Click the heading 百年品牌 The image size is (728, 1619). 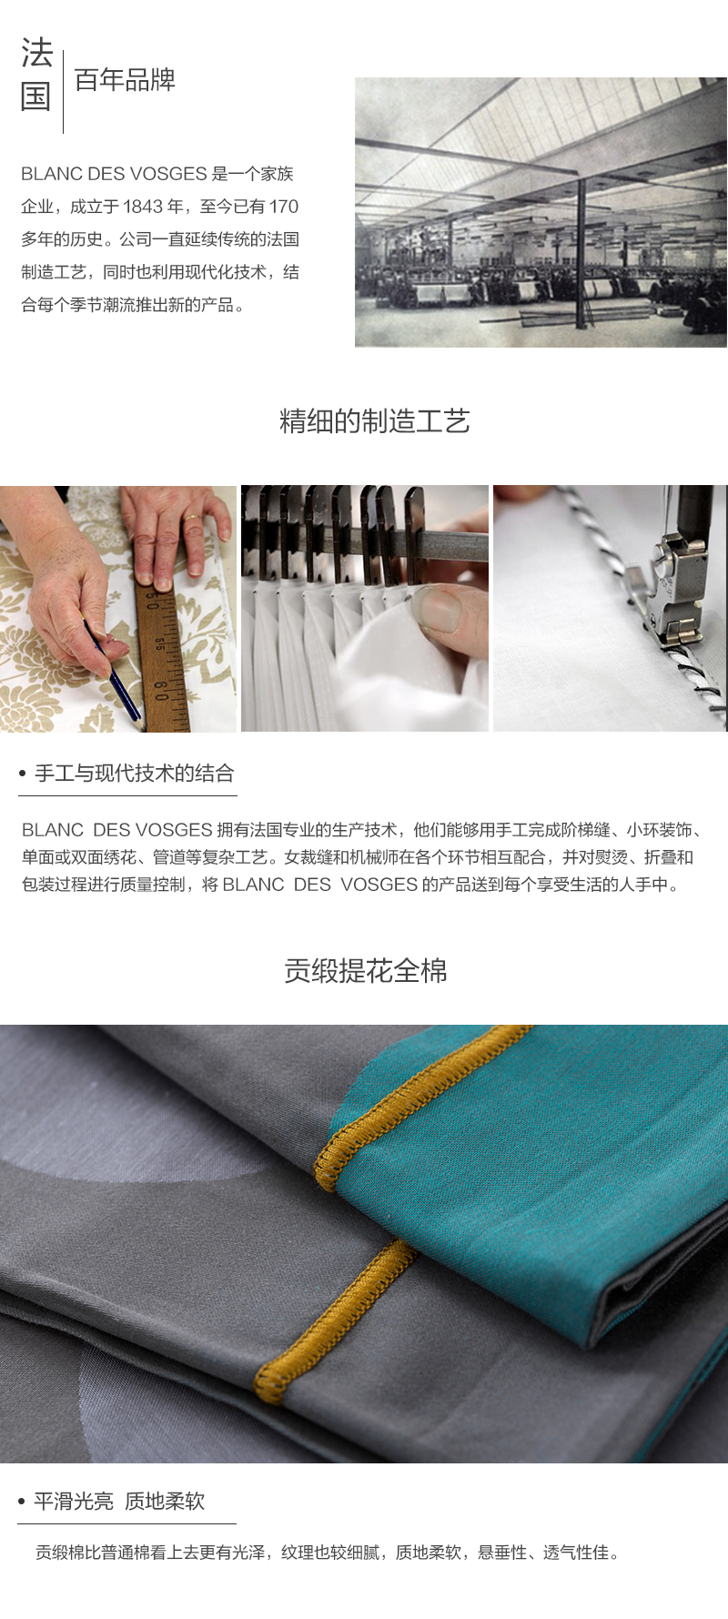click(125, 80)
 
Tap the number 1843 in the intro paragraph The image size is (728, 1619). click(142, 207)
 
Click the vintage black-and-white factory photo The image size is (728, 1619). click(541, 211)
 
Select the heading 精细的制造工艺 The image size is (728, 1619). click(374, 421)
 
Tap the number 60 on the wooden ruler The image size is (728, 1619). click(160, 687)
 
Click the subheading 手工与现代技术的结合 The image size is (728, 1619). click(134, 774)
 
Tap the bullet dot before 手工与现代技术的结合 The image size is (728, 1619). click(23, 774)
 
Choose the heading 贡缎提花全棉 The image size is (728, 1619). click(365, 971)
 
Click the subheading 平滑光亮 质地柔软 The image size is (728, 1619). click(119, 1501)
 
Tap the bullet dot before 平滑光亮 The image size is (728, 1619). click(22, 1502)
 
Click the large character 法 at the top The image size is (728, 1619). click(36, 54)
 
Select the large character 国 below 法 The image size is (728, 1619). click(36, 96)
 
